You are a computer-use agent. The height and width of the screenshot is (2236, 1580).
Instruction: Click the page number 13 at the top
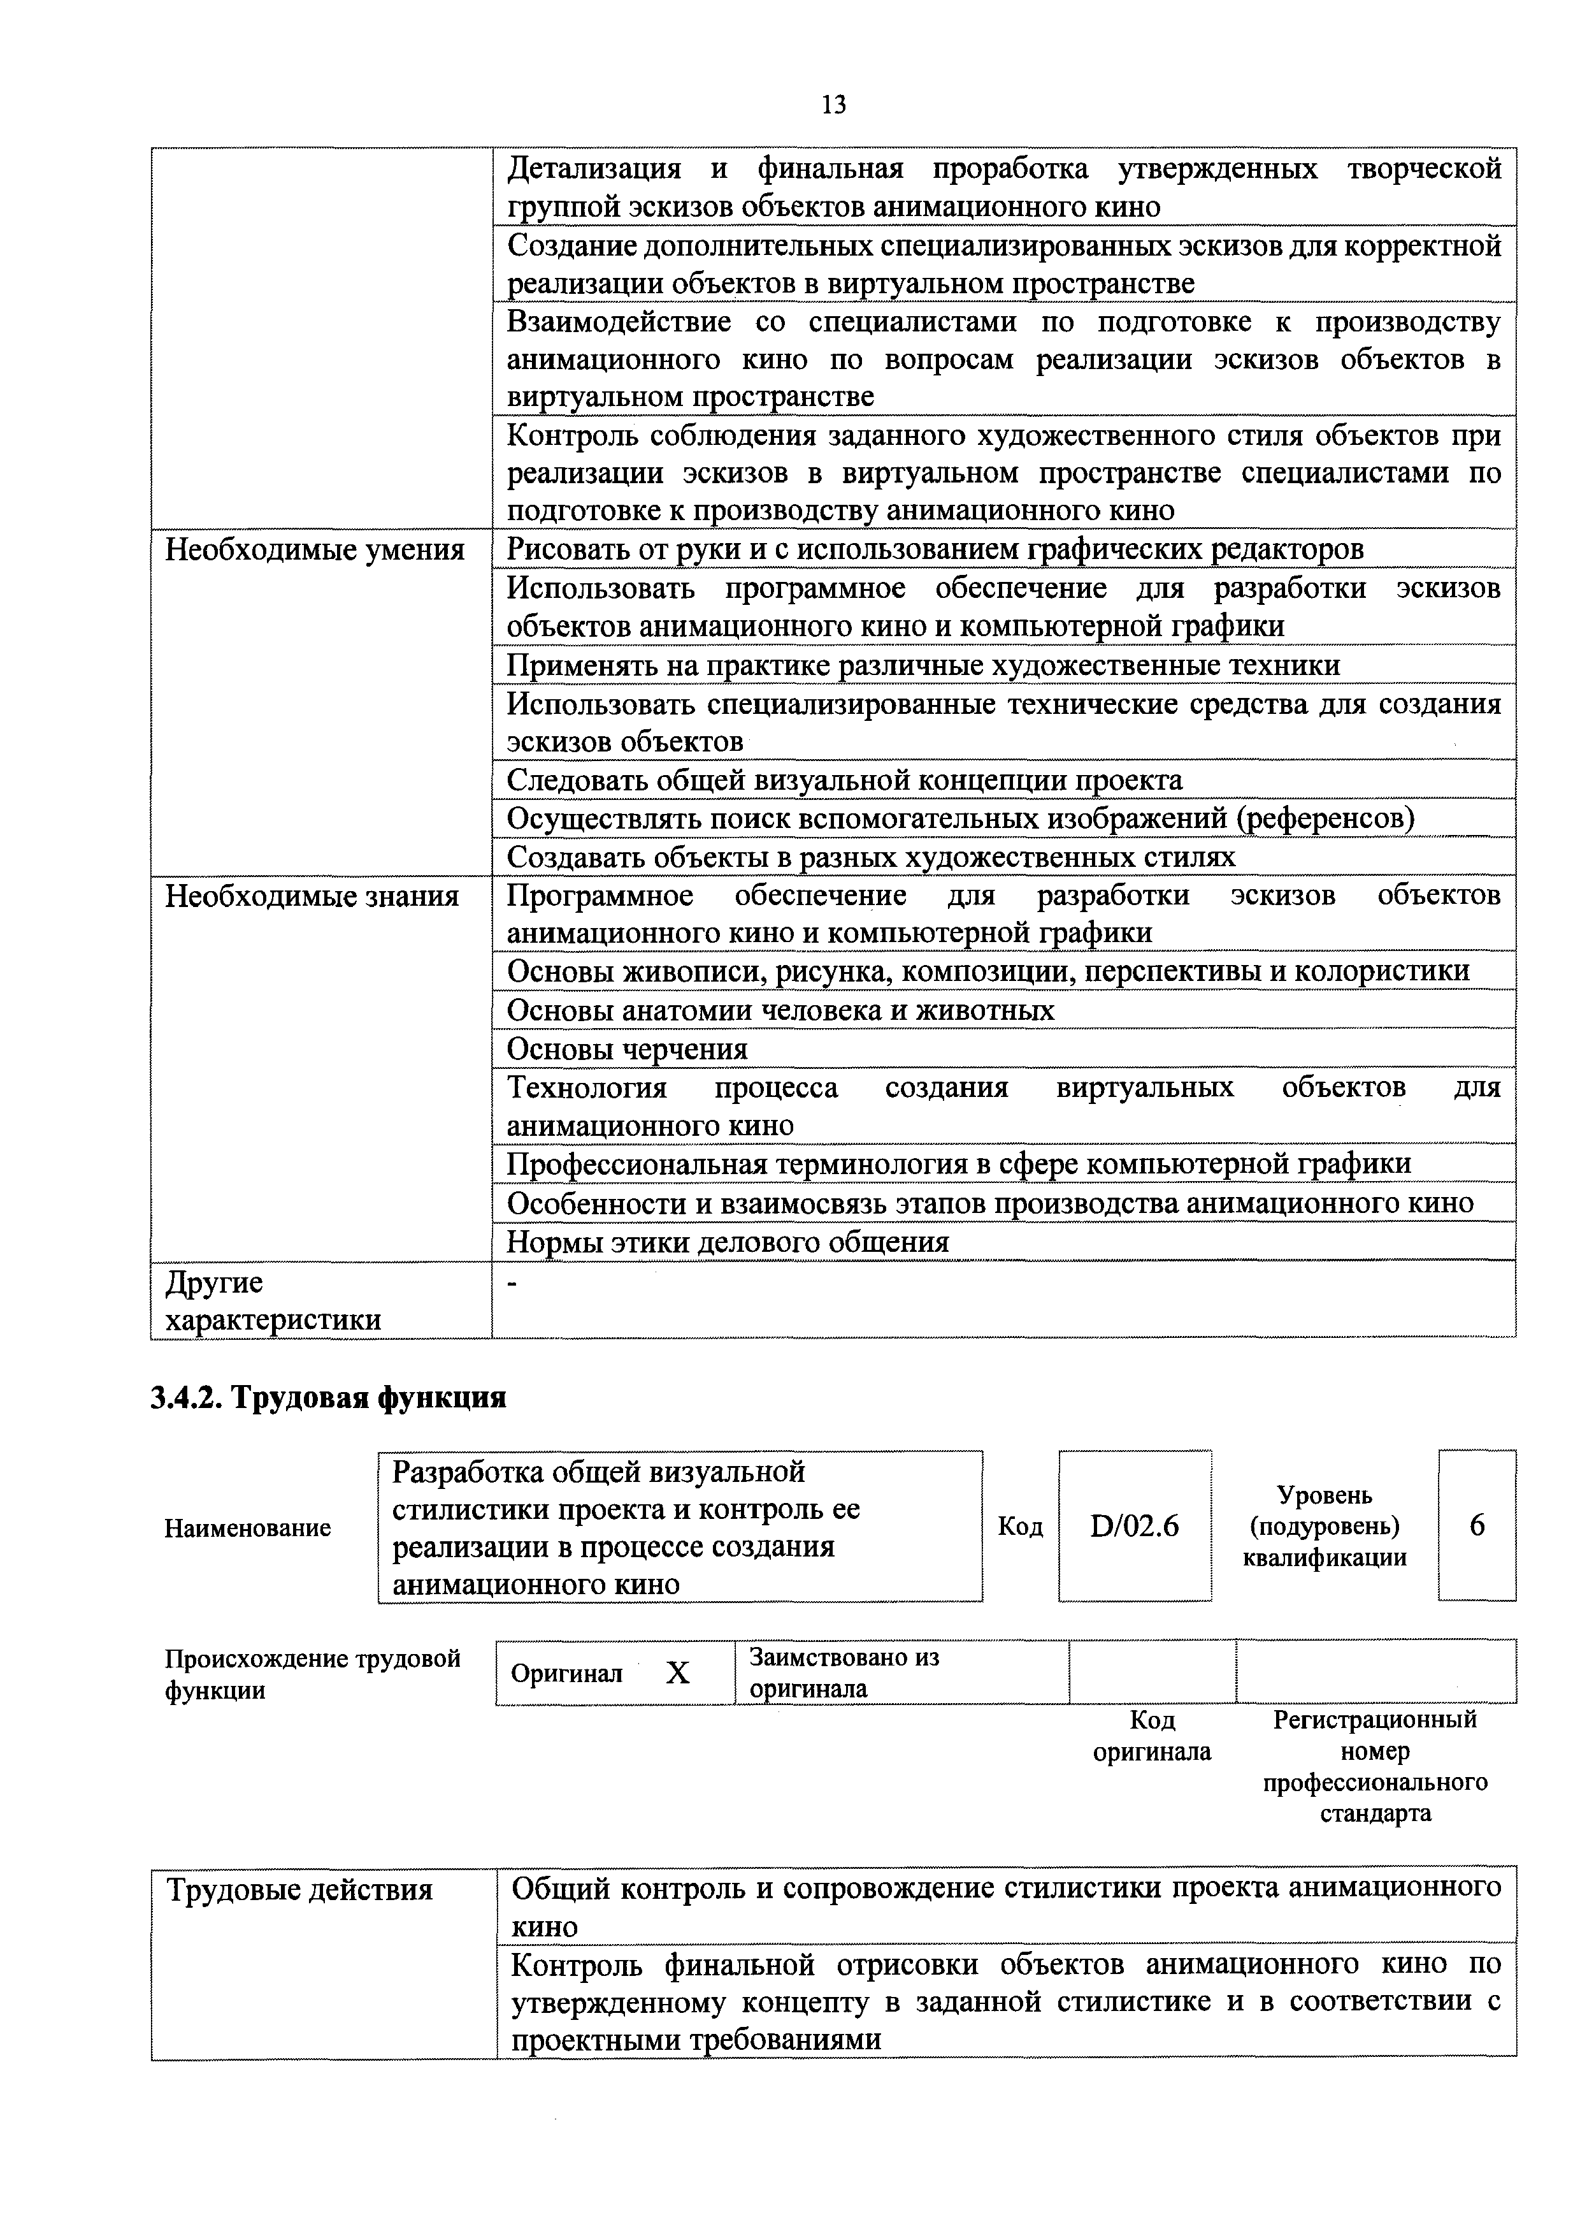(833, 104)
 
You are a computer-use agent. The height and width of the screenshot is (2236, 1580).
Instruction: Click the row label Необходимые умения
(315, 550)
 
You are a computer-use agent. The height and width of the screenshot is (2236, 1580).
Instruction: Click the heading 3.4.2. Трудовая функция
(328, 1398)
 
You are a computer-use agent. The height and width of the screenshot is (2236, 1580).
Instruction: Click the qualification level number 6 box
(1476, 1526)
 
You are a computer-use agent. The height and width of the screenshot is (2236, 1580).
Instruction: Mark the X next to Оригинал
(678, 1673)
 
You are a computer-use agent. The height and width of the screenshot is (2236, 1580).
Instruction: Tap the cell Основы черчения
(628, 1049)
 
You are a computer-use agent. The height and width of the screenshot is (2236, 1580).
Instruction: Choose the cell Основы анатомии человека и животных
(780, 1010)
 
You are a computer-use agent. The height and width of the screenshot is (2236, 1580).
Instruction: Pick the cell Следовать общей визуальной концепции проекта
(845, 780)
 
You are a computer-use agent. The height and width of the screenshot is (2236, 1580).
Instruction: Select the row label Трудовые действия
(300, 1891)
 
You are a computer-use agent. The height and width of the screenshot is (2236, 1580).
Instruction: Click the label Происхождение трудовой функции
(312, 1674)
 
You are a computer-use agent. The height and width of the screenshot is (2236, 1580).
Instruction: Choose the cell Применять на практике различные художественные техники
(923, 665)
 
